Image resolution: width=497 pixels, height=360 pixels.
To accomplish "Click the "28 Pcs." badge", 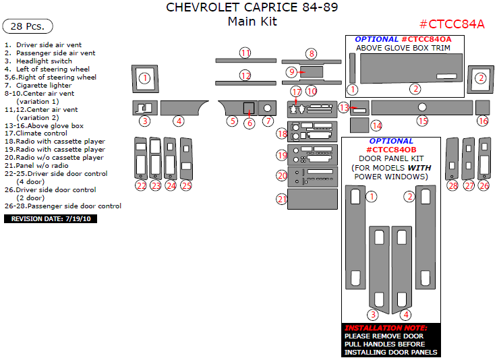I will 28,26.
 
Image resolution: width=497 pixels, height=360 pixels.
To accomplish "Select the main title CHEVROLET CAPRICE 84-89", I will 252,8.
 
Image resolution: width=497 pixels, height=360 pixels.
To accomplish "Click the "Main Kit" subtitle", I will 252,22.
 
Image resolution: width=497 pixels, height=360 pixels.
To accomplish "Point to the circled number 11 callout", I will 245,53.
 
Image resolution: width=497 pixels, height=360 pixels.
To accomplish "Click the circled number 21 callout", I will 282,199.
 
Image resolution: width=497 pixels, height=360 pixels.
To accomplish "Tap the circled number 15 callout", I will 422,121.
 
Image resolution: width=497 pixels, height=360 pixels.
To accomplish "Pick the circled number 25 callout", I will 186,185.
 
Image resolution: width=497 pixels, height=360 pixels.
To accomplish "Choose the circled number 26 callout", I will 483,185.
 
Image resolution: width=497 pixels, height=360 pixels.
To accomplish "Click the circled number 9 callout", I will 291,71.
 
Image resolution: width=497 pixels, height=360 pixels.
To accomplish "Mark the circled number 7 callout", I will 268,121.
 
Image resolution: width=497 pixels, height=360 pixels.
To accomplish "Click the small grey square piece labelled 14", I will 359,125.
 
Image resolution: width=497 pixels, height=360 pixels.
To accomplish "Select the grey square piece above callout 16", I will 482,107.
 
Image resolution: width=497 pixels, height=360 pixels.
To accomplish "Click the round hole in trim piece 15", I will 422,107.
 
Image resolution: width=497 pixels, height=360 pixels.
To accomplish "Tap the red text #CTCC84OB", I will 391,150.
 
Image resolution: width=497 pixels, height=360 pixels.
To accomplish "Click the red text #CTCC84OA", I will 426,39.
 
